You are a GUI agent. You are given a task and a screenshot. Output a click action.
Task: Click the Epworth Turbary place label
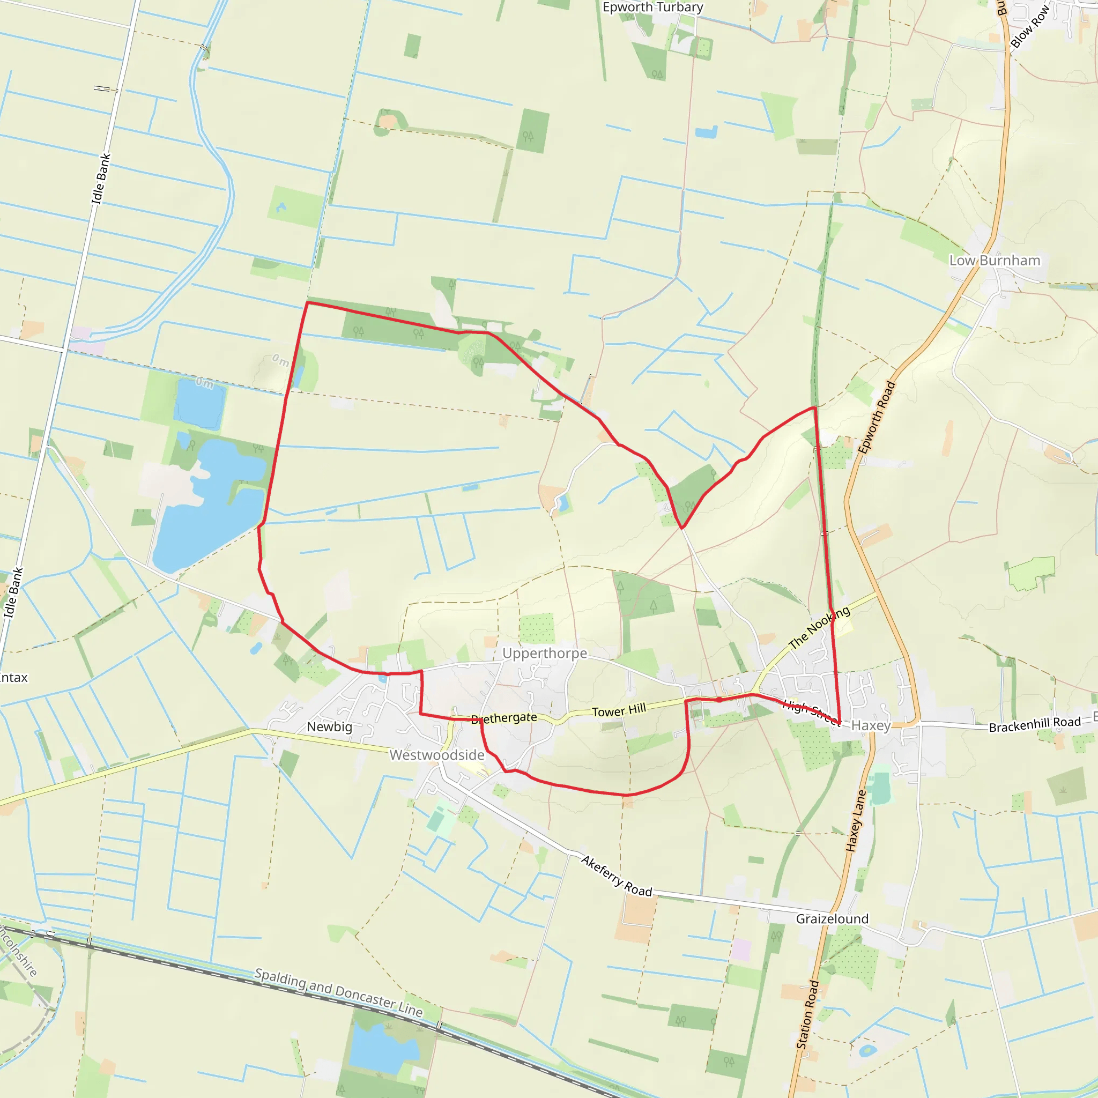coord(652,8)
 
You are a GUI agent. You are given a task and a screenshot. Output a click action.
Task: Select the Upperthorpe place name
coord(545,654)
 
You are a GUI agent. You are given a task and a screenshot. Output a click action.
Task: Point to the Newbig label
coord(330,727)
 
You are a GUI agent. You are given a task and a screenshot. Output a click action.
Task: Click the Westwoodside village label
coord(436,755)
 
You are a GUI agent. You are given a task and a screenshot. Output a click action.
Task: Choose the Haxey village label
coord(871,726)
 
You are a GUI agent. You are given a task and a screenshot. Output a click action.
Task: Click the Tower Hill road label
coord(619,711)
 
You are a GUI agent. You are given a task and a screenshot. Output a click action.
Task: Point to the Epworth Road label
coord(877,418)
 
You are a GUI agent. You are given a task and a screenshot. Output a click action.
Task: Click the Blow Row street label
coord(1029,27)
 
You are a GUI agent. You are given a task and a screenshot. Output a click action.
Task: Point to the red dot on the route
coord(719,700)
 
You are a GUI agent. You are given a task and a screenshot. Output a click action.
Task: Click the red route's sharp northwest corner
coord(307,303)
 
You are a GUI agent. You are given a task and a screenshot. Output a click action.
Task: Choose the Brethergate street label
coord(505,718)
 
